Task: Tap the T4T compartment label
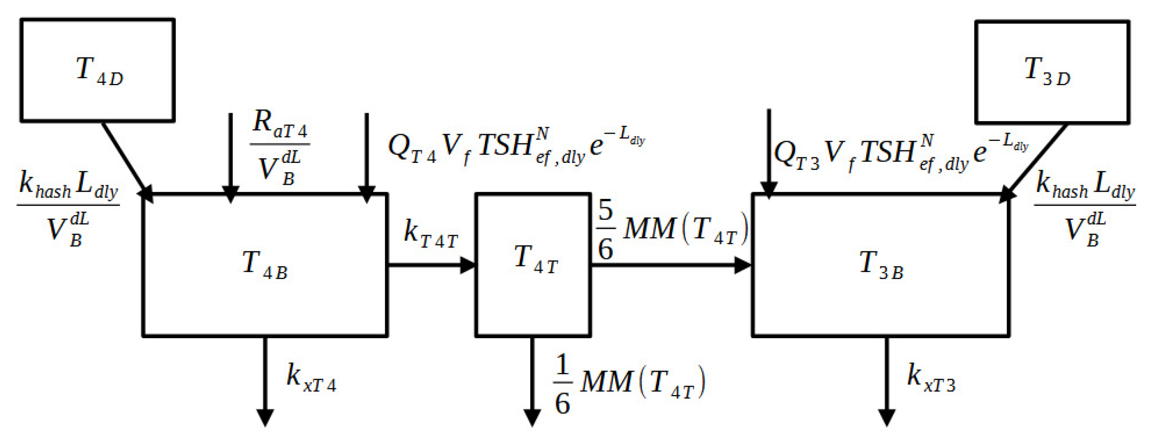tap(536, 260)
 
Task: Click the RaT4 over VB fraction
tap(280, 147)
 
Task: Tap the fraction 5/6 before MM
tap(606, 230)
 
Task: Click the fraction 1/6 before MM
tap(562, 385)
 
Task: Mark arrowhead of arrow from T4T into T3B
tap(743, 265)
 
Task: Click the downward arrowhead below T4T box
tap(532, 418)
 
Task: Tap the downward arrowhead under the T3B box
tap(887, 418)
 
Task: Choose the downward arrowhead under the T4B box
tap(265, 418)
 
